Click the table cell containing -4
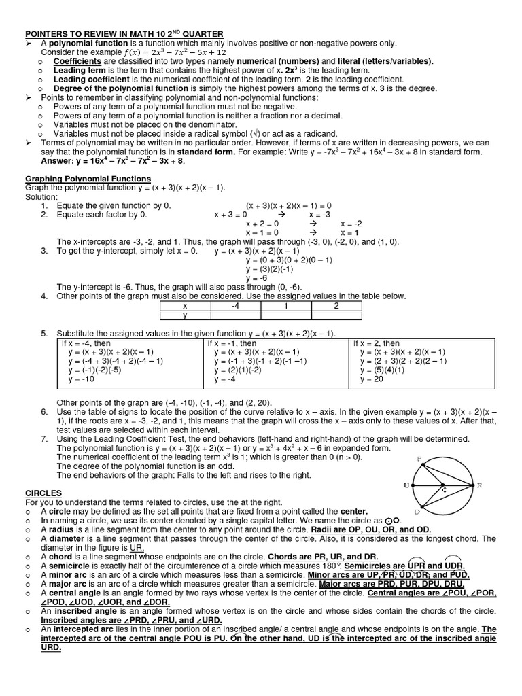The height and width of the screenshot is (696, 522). pyautogui.click(x=235, y=306)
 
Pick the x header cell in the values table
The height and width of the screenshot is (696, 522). pyautogui.click(x=185, y=306)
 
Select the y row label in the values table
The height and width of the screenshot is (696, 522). pyautogui.click(x=185, y=315)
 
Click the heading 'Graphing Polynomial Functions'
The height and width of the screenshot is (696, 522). pyautogui.click(x=88, y=178)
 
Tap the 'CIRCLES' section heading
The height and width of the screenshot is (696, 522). pyautogui.click(x=43, y=491)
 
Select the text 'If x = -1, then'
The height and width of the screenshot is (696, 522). pyautogui.click(x=232, y=343)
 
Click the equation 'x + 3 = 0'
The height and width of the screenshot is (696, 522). pyautogui.click(x=231, y=214)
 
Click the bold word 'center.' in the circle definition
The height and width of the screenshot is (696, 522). pyautogui.click(x=350, y=511)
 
